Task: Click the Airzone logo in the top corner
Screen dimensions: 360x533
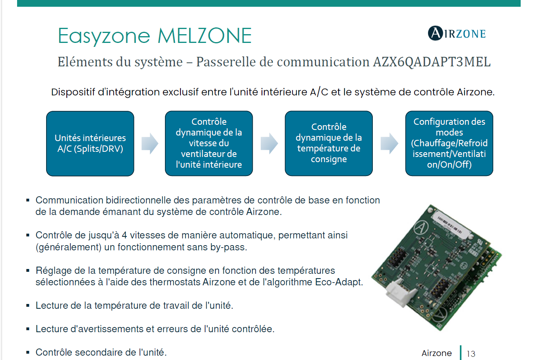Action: [x=457, y=33]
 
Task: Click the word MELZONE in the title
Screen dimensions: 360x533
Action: [x=205, y=36]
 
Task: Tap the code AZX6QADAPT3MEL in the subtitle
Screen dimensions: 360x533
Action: [x=431, y=62]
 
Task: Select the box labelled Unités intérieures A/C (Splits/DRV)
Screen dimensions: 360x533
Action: [x=90, y=143]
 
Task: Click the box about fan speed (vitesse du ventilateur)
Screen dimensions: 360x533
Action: [x=209, y=143]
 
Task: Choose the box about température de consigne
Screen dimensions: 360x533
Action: [x=329, y=143]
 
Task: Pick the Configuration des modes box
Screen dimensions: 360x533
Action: [x=449, y=143]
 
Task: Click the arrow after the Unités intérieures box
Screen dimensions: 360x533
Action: [x=150, y=143]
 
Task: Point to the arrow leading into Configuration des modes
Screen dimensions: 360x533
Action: [x=389, y=143]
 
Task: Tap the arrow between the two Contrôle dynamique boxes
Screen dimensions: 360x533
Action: [x=269, y=143]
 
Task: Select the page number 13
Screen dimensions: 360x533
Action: [x=471, y=354]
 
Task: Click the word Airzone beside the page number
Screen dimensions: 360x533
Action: [x=436, y=353]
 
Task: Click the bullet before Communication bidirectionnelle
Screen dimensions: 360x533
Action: [x=28, y=200]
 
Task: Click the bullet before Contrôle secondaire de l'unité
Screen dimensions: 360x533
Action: [x=28, y=352]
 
